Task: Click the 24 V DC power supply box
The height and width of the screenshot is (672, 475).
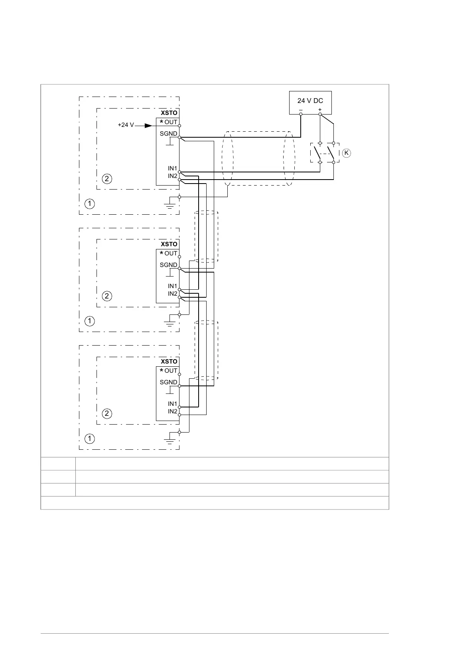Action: click(x=310, y=103)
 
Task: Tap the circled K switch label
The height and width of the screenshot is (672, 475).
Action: click(x=346, y=153)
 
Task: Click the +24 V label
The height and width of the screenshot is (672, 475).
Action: click(x=126, y=125)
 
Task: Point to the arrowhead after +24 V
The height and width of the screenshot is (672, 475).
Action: click(x=148, y=125)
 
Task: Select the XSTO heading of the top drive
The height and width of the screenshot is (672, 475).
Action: click(x=169, y=113)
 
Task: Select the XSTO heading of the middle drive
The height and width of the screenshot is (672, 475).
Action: click(x=169, y=244)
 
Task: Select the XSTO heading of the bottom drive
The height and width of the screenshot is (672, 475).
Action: click(x=169, y=362)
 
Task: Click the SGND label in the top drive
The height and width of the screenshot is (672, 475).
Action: click(x=168, y=134)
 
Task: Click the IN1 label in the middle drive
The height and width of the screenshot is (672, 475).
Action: click(x=172, y=286)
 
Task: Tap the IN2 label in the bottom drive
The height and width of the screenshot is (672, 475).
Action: click(x=172, y=411)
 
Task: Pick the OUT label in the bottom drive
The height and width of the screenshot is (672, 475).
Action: click(x=171, y=371)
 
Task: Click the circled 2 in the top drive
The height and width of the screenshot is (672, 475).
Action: click(x=107, y=178)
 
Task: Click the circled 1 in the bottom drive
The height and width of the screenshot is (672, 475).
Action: click(x=90, y=439)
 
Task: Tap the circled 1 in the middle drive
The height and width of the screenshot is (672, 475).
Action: click(x=90, y=321)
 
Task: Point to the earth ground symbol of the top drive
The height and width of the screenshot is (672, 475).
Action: click(x=170, y=206)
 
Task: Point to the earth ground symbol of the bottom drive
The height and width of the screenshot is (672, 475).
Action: click(x=170, y=441)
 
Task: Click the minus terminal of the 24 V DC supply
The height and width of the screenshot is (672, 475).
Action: click(x=301, y=114)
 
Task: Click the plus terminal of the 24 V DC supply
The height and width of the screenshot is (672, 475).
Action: click(x=320, y=114)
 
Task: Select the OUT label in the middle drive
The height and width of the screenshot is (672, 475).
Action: click(x=171, y=253)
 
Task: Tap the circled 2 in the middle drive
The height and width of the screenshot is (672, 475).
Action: click(x=107, y=296)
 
